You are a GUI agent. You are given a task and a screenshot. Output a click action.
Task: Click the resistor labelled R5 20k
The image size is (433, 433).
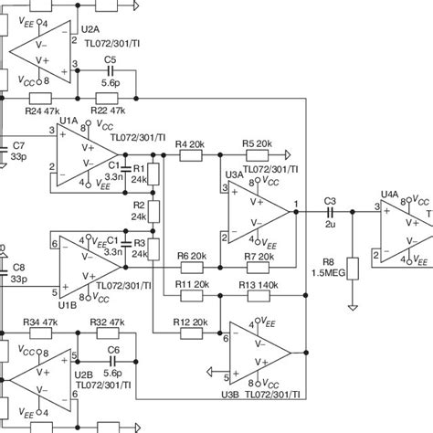(255, 155)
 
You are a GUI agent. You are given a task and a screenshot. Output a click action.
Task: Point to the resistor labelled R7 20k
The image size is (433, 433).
(255, 269)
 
